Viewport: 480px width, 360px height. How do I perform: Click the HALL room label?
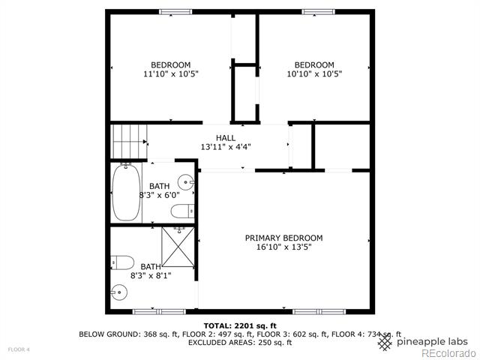226,138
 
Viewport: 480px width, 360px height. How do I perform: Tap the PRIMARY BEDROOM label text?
283,238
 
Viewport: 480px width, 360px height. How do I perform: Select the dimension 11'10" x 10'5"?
171,73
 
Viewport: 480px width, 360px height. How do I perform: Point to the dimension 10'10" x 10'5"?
314,73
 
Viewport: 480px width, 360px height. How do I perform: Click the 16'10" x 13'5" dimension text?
283,247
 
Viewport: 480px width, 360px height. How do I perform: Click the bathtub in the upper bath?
126,193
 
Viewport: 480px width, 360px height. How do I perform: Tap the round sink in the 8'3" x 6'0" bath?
186,182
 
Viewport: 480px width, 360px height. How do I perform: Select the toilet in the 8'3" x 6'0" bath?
183,211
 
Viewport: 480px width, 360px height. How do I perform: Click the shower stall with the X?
178,247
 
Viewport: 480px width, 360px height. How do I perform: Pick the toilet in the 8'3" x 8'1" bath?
122,262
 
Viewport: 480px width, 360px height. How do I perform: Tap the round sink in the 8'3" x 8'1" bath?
118,293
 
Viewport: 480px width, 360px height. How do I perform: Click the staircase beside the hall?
128,142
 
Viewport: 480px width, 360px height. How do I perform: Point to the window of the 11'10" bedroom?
175,12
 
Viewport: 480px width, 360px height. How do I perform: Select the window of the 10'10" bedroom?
318,12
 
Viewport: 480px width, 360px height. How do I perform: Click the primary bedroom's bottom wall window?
319,312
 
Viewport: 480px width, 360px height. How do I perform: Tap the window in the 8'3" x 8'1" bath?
159,312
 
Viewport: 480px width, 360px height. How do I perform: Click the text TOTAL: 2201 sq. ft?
240,325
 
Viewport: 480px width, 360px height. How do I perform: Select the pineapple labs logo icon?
385,343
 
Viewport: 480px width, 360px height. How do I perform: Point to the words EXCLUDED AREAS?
220,342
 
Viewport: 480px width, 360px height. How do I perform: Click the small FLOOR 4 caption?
19,349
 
